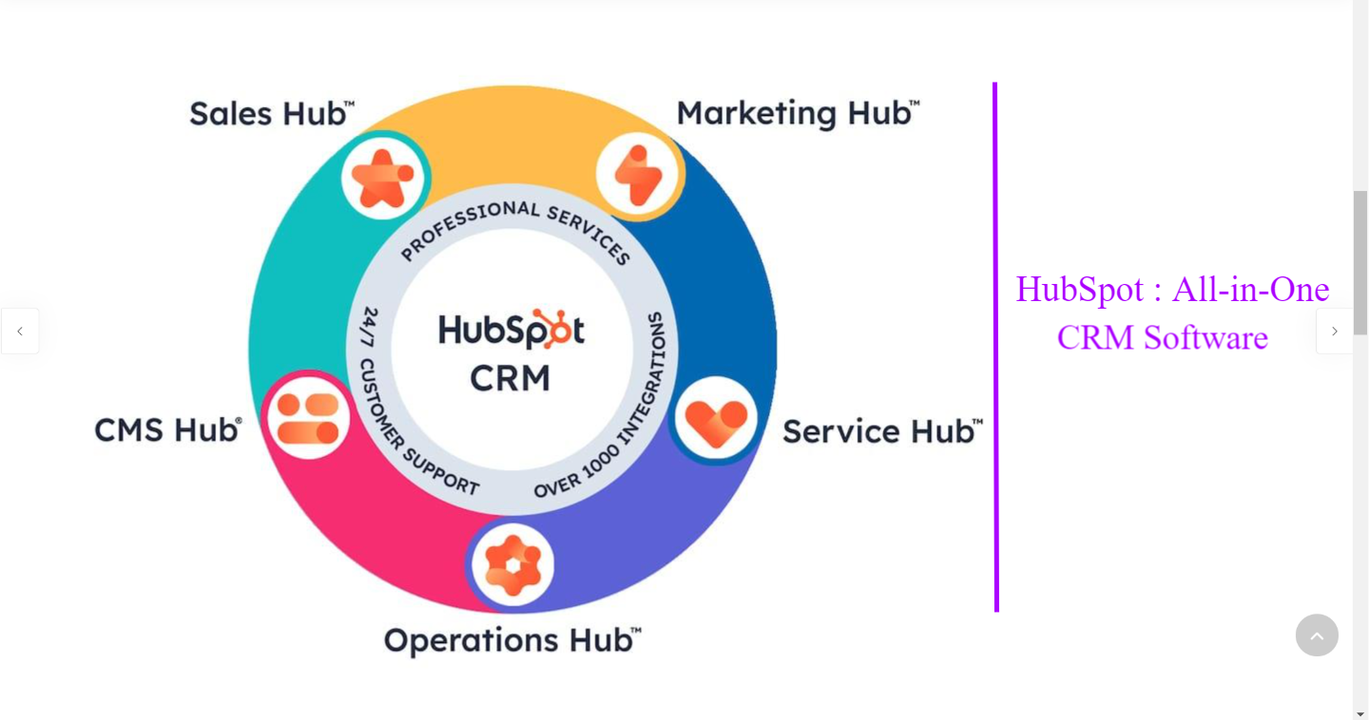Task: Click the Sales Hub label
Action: click(x=271, y=114)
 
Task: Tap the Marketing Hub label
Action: click(x=797, y=114)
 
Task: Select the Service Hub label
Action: click(x=880, y=432)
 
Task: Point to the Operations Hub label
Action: click(x=511, y=641)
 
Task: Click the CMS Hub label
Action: click(x=167, y=430)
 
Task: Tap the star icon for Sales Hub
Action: click(x=382, y=178)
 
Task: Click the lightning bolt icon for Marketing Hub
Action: click(x=637, y=176)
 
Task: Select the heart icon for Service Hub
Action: click(x=716, y=421)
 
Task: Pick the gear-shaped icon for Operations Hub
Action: click(x=513, y=565)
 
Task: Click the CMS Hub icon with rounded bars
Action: click(x=308, y=419)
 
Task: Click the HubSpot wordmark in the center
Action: click(x=511, y=331)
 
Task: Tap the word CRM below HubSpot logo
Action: click(x=511, y=379)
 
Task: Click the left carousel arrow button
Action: click(x=20, y=332)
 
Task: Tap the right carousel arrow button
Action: click(x=1334, y=332)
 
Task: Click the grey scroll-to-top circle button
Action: click(x=1317, y=635)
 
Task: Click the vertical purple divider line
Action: click(x=996, y=347)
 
